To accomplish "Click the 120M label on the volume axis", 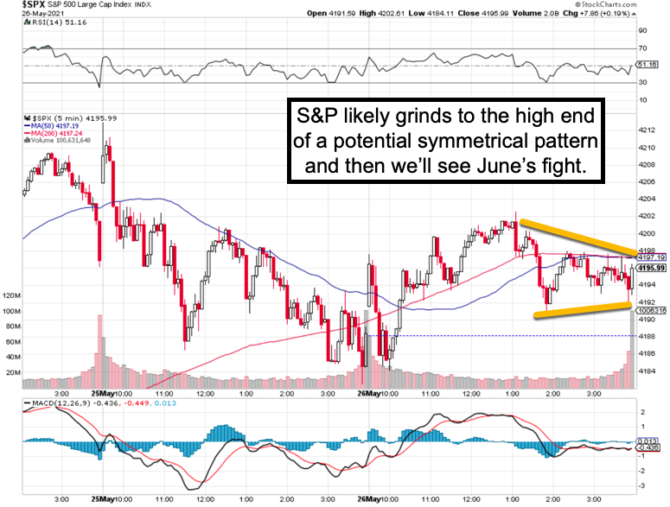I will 12,295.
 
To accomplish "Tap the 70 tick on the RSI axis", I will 643,48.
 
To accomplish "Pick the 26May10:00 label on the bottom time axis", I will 378,498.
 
